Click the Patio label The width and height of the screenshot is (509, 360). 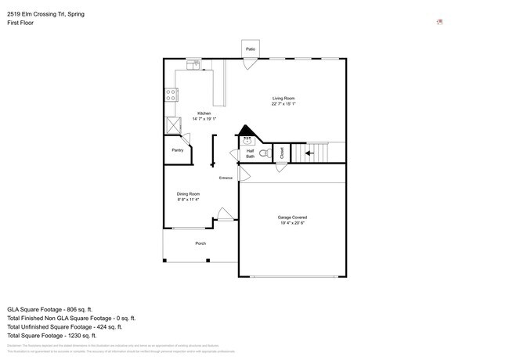pyautogui.click(x=251, y=49)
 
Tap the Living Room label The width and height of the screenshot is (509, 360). pyautogui.click(x=283, y=98)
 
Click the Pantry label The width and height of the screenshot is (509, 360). pyautogui.click(x=178, y=150)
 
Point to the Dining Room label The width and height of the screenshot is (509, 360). pyautogui.click(x=188, y=194)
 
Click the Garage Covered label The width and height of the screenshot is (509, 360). pyautogui.click(x=292, y=217)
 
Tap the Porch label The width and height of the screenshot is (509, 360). pyautogui.click(x=200, y=243)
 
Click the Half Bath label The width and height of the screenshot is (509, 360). pyautogui.click(x=251, y=153)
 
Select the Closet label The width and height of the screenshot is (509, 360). pyautogui.click(x=282, y=153)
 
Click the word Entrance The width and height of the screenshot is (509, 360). pyautogui.click(x=226, y=178)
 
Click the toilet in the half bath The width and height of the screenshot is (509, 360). pyautogui.click(x=265, y=153)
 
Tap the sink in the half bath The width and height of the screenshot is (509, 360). pyautogui.click(x=247, y=141)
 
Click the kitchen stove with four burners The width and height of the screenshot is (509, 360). pyautogui.click(x=170, y=95)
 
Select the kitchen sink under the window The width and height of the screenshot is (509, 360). pyautogui.click(x=193, y=64)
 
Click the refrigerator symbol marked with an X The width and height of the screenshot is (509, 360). pyautogui.click(x=171, y=125)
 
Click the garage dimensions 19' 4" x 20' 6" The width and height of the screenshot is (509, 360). pyautogui.click(x=292, y=223)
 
